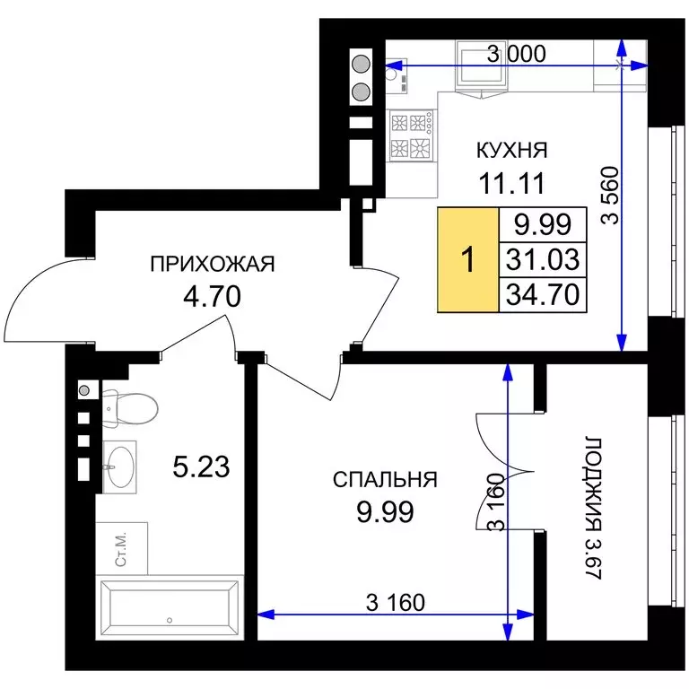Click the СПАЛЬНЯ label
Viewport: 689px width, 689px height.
click(385, 479)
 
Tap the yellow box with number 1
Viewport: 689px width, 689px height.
click(467, 260)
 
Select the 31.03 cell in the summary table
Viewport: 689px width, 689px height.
click(541, 259)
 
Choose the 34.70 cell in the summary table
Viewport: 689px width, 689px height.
click(541, 293)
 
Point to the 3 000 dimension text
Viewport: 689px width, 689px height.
click(516, 54)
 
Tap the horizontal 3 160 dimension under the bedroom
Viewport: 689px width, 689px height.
click(396, 601)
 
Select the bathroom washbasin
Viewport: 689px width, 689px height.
click(118, 466)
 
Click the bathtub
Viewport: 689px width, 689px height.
click(170, 608)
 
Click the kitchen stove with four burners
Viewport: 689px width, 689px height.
click(412, 135)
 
